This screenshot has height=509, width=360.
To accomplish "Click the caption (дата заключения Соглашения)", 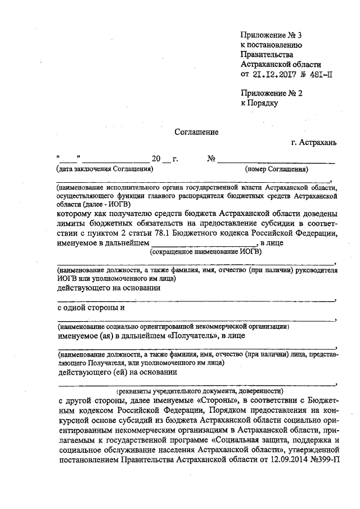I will click(x=104, y=169).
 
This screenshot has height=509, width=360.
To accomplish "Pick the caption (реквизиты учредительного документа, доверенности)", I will click(x=200, y=390).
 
